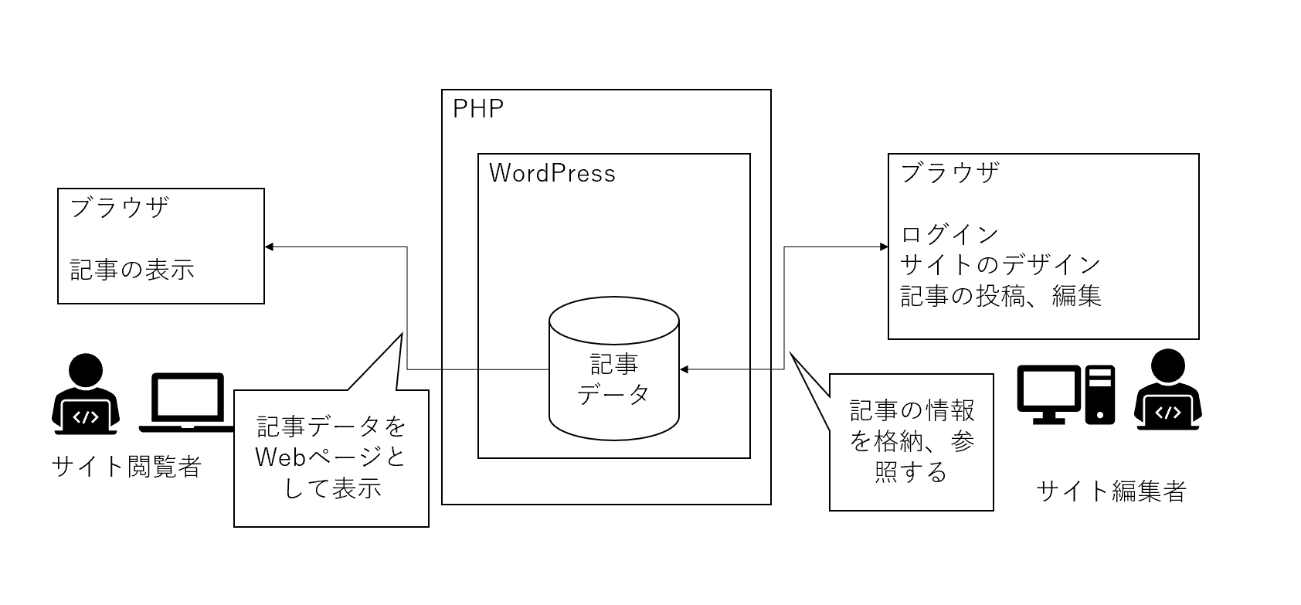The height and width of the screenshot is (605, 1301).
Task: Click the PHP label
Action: coord(478,109)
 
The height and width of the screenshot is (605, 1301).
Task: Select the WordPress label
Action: coord(552,173)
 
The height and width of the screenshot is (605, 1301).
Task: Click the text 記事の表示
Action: coord(132,269)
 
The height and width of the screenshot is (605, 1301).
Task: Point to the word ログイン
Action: coord(949,234)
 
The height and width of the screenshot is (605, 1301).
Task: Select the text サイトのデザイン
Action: coord(1000,265)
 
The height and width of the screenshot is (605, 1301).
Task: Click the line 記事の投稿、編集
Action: coord(1000,296)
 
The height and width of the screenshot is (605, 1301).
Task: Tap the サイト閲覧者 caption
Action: coord(126,466)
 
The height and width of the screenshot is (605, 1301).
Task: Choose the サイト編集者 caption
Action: coord(1111,491)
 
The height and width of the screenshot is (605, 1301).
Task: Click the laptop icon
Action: coord(186,402)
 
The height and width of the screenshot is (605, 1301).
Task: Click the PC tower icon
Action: coord(1100,395)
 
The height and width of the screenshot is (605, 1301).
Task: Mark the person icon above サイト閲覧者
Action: coord(86,394)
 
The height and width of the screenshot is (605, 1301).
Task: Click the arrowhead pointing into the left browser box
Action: coord(270,247)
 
